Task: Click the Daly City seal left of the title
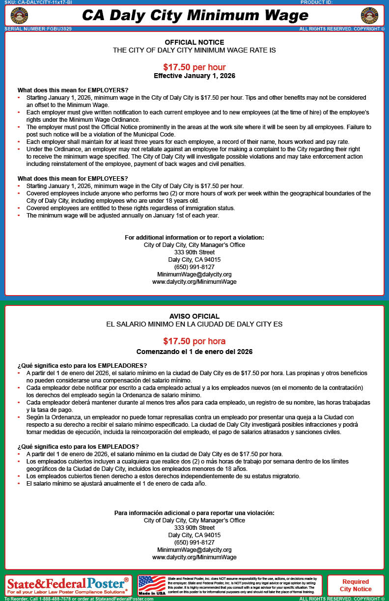pos(19,16)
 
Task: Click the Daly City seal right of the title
pos(369,16)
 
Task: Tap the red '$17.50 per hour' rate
pos(194,67)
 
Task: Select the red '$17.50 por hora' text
pos(194,341)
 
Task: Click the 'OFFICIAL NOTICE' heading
pos(194,42)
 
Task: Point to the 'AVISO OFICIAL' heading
pos(194,316)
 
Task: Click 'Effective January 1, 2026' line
pos(194,76)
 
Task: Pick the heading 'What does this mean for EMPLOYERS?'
pos(73,90)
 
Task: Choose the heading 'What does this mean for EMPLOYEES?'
pos(73,178)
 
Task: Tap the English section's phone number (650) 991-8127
pos(194,267)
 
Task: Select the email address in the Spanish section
pos(194,550)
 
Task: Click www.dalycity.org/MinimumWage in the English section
pos(194,282)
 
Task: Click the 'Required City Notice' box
pos(356,585)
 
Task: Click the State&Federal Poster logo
pos(68,585)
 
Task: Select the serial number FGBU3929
pos(38,29)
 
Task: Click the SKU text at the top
pos(38,2)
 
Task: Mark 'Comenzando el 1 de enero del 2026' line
pos(194,352)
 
